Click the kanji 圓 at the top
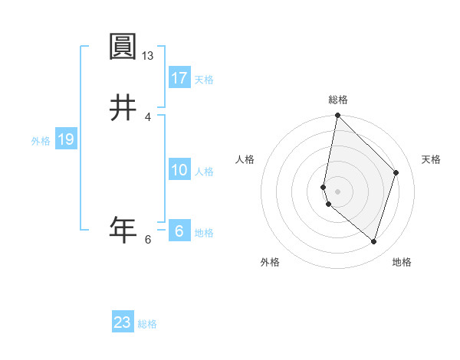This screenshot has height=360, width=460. (123, 47)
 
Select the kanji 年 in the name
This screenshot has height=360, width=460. (123, 229)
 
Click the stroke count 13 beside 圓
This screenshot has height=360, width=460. (148, 56)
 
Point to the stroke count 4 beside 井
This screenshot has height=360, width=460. (148, 116)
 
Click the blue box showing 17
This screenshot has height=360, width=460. (179, 78)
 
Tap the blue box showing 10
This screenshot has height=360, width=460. (179, 170)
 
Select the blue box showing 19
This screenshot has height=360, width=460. (65, 139)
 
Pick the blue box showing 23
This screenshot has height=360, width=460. (123, 322)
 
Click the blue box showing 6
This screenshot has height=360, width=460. (179, 231)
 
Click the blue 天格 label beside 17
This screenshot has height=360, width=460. (204, 80)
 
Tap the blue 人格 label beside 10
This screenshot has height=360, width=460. (204, 172)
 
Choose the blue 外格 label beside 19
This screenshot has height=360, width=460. (41, 141)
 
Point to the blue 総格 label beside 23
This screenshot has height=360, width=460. (147, 324)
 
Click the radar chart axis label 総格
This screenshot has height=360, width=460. (338, 100)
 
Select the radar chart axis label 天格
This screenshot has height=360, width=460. (431, 159)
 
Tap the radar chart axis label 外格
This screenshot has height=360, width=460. (270, 262)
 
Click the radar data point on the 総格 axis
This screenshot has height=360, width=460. (338, 116)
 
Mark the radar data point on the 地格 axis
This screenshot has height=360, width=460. (373, 241)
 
